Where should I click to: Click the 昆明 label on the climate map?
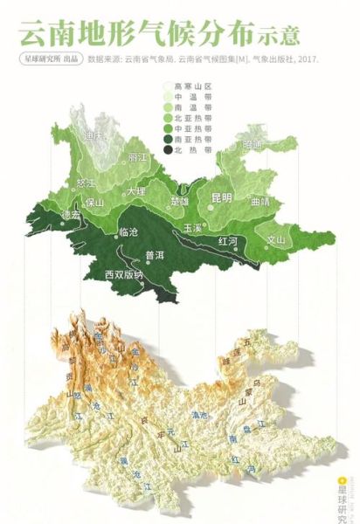pyautogui.click(x=221, y=198)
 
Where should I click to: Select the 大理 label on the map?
pyautogui.click(x=135, y=190)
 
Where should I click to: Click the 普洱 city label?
pyautogui.click(x=156, y=256)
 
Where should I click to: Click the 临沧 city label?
pyautogui.click(x=128, y=234)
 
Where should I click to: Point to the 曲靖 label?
pyautogui.click(x=260, y=201)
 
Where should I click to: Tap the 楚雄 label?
pyautogui.click(x=179, y=201)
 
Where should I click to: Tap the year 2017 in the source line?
pyautogui.click(x=308, y=60)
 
